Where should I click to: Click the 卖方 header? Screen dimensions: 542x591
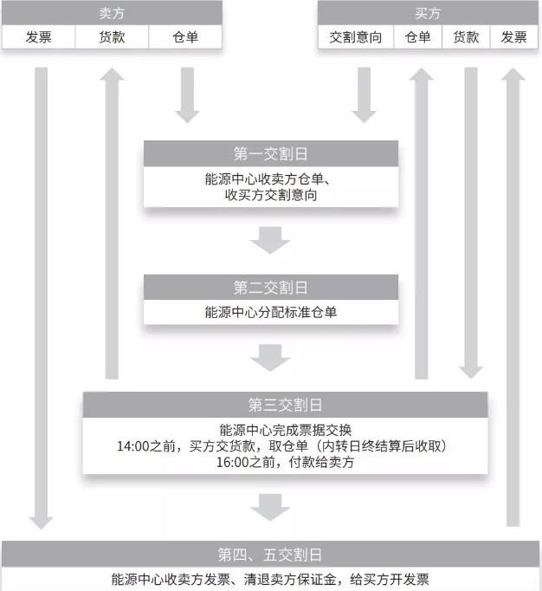112,13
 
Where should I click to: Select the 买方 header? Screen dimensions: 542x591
428,13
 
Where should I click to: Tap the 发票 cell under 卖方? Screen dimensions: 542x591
38,37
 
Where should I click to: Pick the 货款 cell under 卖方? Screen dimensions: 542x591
112,37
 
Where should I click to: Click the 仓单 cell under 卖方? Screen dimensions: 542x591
185,37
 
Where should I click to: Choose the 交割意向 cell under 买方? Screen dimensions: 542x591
356,37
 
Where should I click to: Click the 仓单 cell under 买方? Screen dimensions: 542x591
417,37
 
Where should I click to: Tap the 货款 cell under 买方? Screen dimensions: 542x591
466,37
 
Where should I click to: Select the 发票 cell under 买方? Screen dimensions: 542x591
513,37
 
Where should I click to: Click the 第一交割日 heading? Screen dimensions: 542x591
270,153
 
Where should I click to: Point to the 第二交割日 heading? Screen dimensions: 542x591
270,288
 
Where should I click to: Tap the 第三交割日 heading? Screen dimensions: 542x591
285,405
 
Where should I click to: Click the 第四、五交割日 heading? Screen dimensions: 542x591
270,555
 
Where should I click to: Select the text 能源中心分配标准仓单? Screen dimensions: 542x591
271,312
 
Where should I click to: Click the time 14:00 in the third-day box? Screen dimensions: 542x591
133,446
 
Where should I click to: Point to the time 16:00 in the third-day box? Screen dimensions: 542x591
232,462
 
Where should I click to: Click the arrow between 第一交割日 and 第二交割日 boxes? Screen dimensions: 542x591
270,240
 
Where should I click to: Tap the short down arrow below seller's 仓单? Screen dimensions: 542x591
187,95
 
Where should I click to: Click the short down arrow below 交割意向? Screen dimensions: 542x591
364,95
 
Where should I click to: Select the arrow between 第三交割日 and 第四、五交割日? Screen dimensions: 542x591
270,507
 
